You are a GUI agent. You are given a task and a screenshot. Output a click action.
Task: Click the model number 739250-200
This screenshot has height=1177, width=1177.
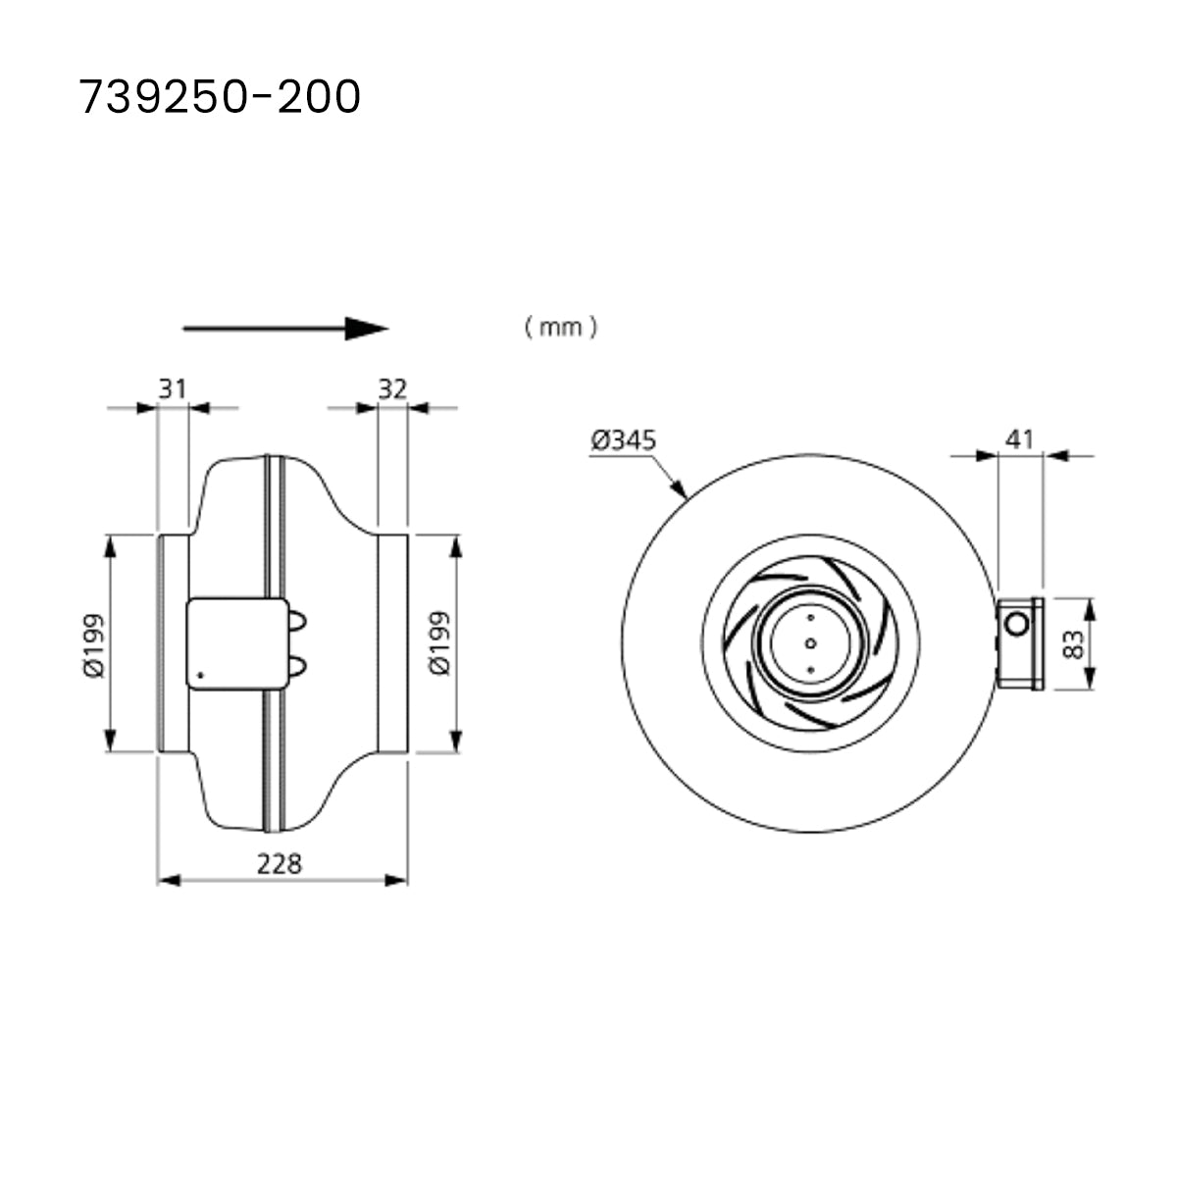[x=220, y=97]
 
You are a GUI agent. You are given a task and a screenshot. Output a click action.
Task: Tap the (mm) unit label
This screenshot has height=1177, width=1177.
[x=560, y=327]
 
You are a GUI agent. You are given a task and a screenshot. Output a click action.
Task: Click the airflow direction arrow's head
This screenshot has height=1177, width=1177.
[x=369, y=329]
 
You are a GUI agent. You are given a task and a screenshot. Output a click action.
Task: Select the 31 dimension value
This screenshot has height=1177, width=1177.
[x=173, y=388]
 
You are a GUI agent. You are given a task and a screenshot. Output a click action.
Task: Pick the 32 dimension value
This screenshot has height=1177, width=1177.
[x=392, y=388]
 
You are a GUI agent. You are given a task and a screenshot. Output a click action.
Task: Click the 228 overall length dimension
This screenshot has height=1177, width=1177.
[x=281, y=863]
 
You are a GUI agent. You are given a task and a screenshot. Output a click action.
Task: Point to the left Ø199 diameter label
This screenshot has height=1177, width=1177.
[x=94, y=643]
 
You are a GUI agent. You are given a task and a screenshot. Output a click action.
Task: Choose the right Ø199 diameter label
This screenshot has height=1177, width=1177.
[x=440, y=643]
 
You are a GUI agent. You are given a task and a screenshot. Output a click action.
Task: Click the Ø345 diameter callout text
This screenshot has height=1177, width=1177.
[x=623, y=439]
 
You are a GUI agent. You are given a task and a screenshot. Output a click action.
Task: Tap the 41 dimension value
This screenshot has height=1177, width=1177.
[x=1021, y=438]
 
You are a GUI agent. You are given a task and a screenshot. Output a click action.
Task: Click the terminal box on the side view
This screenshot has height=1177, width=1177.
[x=226, y=643]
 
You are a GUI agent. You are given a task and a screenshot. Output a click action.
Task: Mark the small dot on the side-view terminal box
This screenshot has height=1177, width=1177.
[x=200, y=674]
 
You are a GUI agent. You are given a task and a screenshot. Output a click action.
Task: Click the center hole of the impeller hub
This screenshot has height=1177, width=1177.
[x=810, y=643]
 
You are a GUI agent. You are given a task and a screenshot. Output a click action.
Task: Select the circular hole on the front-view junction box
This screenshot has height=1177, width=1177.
[x=1017, y=622]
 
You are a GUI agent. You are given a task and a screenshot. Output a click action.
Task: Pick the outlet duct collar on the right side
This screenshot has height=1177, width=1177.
[x=392, y=643]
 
